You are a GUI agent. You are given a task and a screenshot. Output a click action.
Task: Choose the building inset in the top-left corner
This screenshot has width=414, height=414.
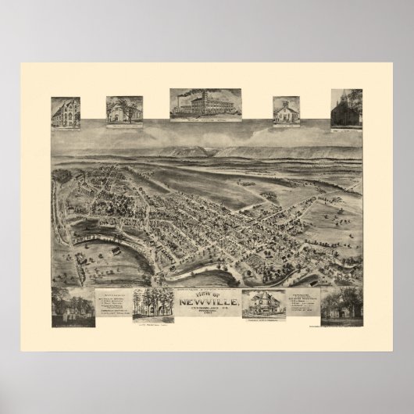(66, 110)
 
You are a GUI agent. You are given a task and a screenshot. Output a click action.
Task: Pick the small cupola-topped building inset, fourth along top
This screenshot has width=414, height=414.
(286, 110)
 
